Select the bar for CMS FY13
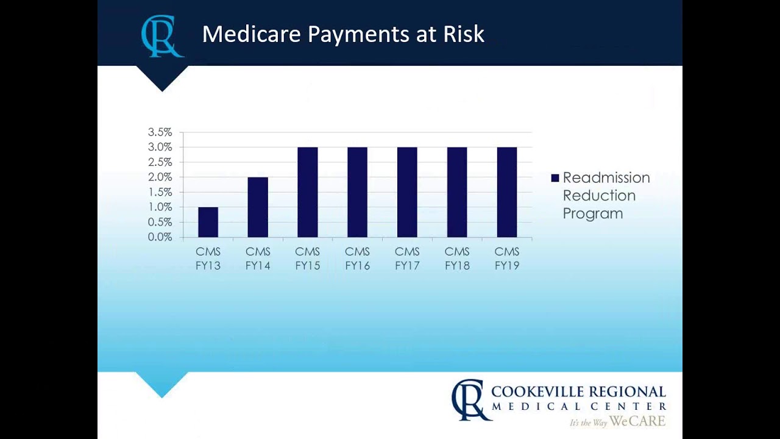(x=208, y=222)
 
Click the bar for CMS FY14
(x=258, y=207)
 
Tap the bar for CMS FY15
(x=308, y=192)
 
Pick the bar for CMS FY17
(x=407, y=192)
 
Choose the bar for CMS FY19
(x=507, y=192)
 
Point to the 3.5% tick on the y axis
(x=160, y=132)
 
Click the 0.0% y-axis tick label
(x=160, y=237)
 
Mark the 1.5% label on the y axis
(x=160, y=192)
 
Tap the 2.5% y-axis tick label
(x=160, y=162)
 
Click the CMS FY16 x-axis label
(x=357, y=259)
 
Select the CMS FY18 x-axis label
(x=457, y=259)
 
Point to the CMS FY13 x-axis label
(x=208, y=259)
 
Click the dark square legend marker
(x=555, y=178)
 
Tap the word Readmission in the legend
(x=606, y=178)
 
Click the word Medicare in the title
(x=252, y=34)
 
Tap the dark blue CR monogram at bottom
(x=470, y=399)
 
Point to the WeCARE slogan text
(x=637, y=421)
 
